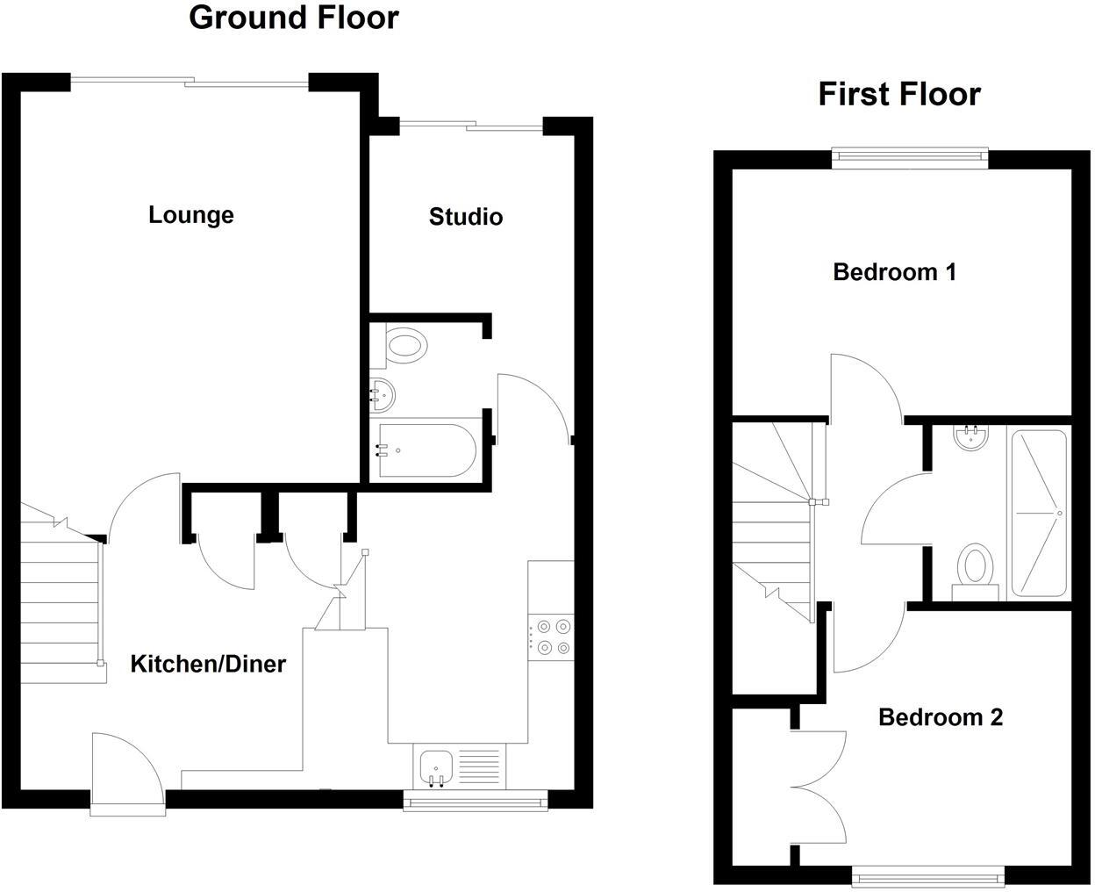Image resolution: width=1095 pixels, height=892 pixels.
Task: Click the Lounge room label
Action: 190,215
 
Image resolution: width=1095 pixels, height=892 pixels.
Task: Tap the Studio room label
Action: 466,217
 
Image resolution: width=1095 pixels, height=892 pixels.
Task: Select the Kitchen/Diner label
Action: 208,664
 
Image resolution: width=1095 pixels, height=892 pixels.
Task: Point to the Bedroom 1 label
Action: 894,272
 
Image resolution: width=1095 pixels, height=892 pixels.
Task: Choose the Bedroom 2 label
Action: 940,717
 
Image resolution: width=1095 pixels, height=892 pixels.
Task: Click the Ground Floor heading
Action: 294,18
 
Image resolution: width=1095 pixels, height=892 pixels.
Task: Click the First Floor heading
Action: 899,94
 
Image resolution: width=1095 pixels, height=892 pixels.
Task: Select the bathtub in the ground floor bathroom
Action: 426,451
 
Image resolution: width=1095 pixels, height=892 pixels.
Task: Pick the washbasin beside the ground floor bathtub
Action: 383,394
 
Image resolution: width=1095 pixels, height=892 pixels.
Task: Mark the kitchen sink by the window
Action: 436,767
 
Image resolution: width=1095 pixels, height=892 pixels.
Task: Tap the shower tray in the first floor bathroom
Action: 1039,513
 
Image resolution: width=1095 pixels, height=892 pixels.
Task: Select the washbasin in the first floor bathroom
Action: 970,438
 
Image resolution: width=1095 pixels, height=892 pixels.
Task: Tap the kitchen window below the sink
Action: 475,801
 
